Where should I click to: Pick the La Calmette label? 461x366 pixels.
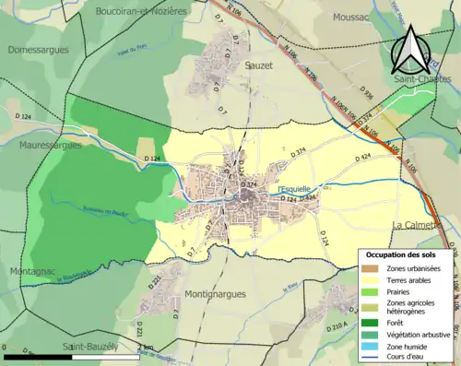pyautogui.click(x=417, y=225)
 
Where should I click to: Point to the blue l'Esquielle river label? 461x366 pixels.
pyautogui.click(x=294, y=190)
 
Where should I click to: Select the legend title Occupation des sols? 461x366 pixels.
pyautogui.click(x=407, y=254)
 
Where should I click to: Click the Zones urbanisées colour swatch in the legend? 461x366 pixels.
pyautogui.click(x=373, y=268)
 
